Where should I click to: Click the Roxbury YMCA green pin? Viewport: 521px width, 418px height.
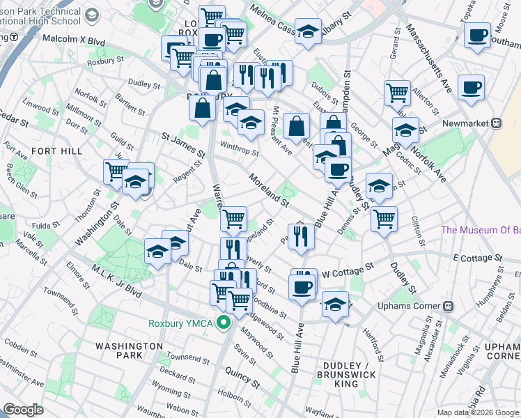coord(224,323)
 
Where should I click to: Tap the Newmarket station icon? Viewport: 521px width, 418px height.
coord(496,123)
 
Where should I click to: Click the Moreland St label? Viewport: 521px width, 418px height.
coord(268,189)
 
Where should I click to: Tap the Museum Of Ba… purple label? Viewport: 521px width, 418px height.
coord(480,231)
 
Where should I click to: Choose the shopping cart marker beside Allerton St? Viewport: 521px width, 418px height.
coord(397,91)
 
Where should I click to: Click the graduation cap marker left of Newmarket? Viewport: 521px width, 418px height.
coord(405,129)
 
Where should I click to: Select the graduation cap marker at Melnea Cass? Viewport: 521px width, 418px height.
coord(308,31)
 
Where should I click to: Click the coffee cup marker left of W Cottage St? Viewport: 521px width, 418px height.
coord(302,286)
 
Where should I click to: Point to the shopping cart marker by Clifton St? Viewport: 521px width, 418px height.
coord(384,218)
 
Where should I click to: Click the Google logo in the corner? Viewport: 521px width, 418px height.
coord(24,410)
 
